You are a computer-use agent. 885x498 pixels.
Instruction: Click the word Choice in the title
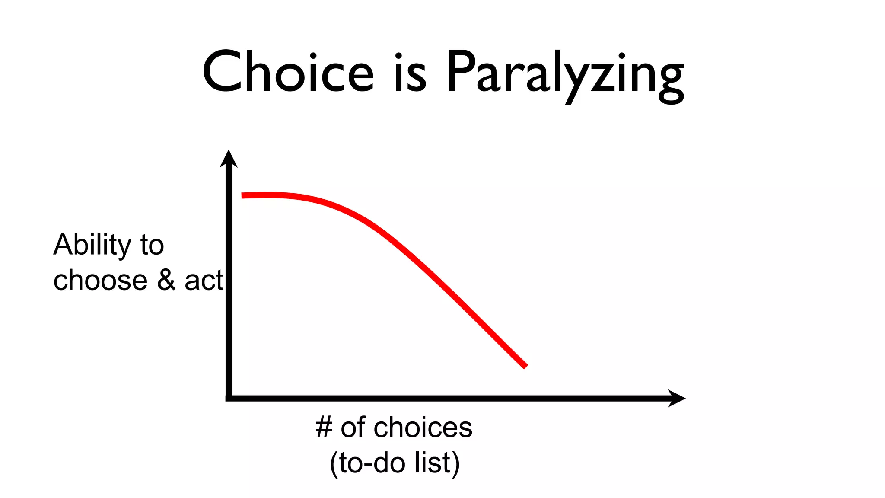(x=288, y=72)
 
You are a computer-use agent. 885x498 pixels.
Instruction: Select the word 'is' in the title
(x=410, y=72)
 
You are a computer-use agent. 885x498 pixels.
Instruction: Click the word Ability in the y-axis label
(x=92, y=245)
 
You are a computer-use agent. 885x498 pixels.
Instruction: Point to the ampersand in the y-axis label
(x=166, y=280)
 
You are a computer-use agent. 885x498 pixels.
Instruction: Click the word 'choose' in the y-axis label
(x=100, y=280)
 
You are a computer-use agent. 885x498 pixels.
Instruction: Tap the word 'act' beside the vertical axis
(x=204, y=280)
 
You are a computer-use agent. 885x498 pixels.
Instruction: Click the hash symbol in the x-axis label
(x=324, y=428)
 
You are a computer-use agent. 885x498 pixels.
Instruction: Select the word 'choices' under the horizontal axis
(x=423, y=428)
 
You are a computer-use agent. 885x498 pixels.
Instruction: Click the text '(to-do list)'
(x=395, y=463)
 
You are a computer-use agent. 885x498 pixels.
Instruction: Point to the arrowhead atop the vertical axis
(x=229, y=159)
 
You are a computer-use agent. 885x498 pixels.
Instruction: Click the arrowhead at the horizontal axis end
(x=676, y=398)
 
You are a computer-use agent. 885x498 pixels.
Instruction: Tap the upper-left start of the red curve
(x=243, y=195)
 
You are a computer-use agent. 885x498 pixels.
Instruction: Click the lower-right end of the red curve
(x=525, y=367)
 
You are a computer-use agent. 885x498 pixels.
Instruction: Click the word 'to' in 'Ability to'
(x=152, y=245)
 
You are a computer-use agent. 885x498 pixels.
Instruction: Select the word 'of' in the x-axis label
(x=353, y=428)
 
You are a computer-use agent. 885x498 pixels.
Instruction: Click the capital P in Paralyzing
(x=460, y=72)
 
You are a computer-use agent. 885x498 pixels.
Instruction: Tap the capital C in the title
(x=222, y=72)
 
